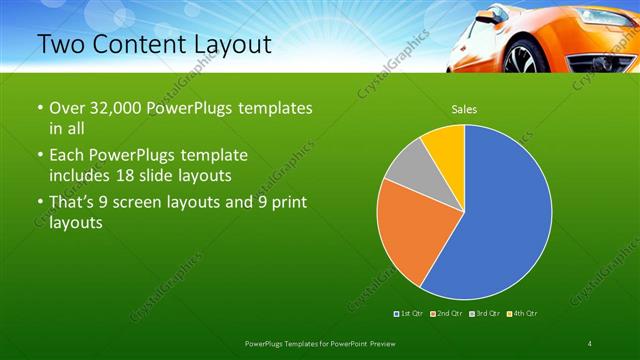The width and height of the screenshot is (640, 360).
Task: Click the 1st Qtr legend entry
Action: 409,313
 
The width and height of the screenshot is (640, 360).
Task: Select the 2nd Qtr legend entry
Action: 445,313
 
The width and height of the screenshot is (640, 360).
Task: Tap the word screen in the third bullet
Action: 148,204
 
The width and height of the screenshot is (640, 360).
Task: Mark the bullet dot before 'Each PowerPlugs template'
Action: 39,156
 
